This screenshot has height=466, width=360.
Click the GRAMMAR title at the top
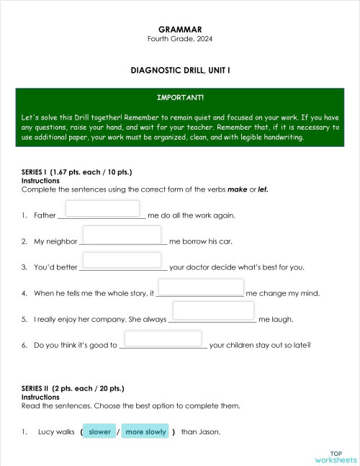(179, 29)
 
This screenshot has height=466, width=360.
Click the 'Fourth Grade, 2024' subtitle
(179, 38)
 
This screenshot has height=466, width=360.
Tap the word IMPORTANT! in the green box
(180, 97)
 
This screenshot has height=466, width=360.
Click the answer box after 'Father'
(102, 209)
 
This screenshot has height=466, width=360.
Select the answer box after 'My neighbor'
(122, 235)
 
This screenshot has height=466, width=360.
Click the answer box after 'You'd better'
(122, 261)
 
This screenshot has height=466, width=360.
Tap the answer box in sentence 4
(200, 287)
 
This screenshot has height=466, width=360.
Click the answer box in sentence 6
(162, 338)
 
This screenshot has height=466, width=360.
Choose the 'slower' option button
(99, 431)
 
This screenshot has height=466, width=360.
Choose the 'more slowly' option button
(145, 431)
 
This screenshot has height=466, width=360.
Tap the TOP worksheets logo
(336, 456)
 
